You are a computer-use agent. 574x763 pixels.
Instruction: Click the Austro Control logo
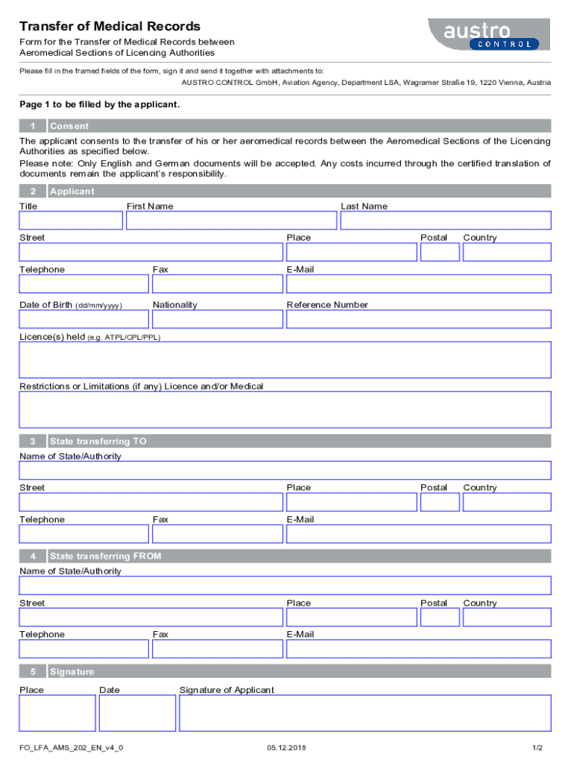click(x=488, y=34)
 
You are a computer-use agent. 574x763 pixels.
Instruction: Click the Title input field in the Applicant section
click(x=71, y=221)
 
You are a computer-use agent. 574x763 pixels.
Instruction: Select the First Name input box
click(x=231, y=221)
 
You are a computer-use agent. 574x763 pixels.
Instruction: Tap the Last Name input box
click(x=445, y=221)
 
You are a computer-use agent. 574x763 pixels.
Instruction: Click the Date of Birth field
click(x=83, y=319)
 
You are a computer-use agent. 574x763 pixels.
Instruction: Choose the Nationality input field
click(x=217, y=319)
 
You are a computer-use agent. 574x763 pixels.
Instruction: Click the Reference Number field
click(x=418, y=319)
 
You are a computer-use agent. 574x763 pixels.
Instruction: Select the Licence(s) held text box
click(x=285, y=360)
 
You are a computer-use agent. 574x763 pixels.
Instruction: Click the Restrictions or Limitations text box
click(x=285, y=409)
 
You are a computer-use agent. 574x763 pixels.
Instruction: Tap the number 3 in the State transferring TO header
click(x=33, y=441)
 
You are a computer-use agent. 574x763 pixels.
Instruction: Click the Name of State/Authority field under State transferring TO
click(x=285, y=470)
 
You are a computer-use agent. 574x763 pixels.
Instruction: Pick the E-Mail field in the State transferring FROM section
click(x=418, y=649)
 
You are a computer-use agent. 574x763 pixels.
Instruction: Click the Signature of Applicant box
click(x=365, y=713)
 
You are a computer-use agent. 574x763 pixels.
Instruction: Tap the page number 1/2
click(x=537, y=747)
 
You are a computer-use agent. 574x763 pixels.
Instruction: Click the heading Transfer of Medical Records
click(x=110, y=27)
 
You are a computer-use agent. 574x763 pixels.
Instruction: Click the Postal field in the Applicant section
click(x=439, y=253)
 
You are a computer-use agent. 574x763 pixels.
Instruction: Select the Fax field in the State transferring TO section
click(x=217, y=534)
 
